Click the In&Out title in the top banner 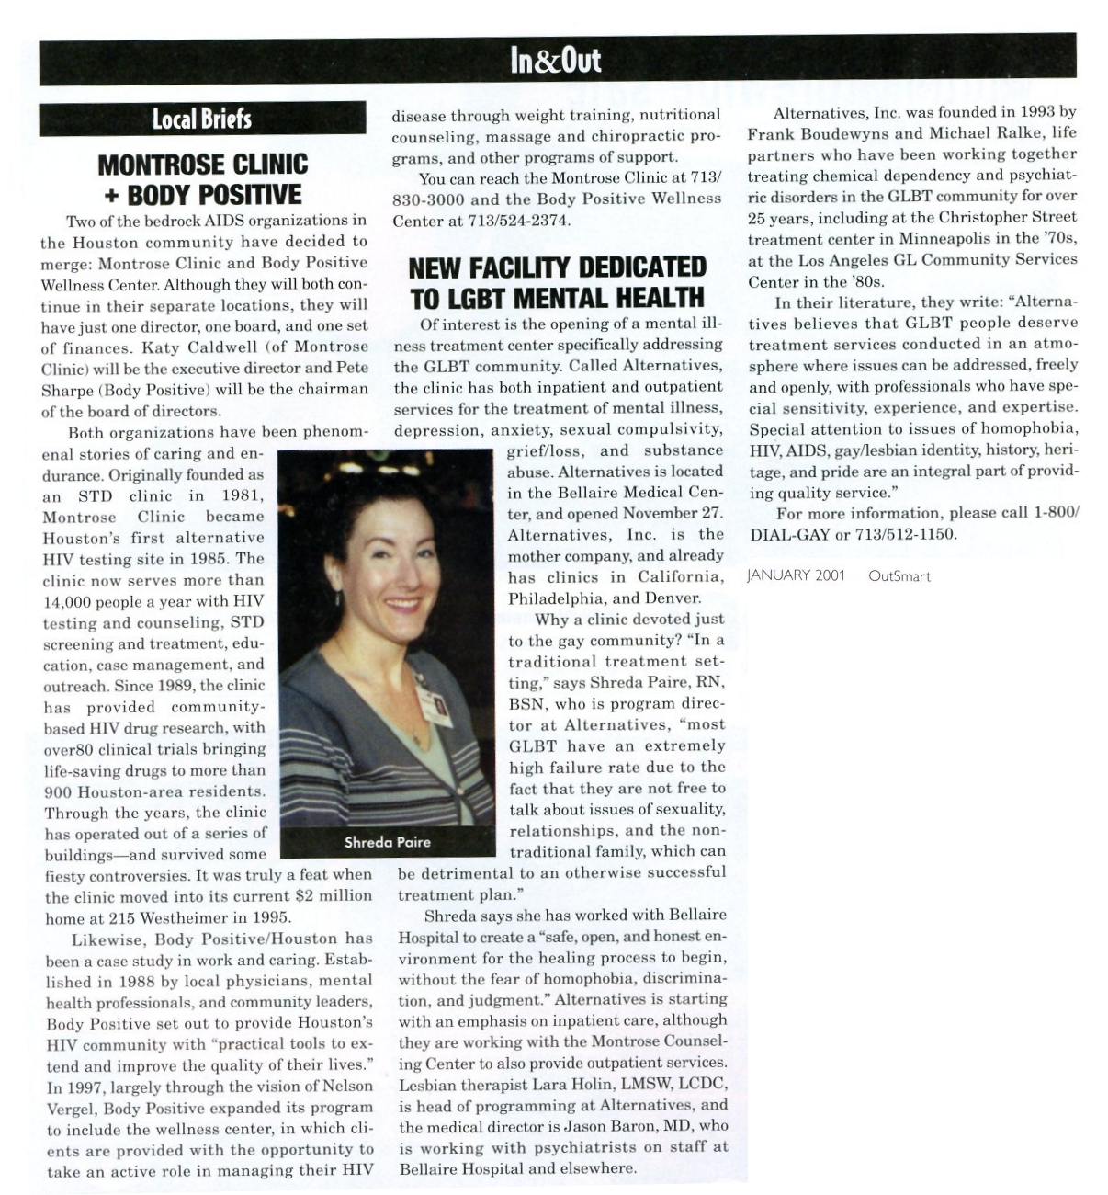click(556, 60)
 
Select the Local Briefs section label click(201, 119)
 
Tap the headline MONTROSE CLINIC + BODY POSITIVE click(203, 179)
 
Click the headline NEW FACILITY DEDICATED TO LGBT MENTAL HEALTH click(557, 282)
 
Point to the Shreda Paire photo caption click(387, 841)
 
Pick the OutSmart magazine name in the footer click(899, 576)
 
